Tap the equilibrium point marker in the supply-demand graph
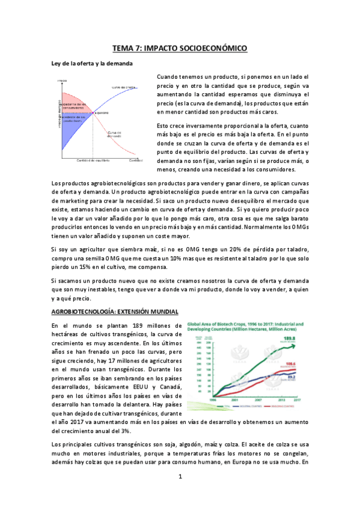pos(93,112)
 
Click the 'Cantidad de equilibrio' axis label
pos(92,161)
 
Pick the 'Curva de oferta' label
pos(124,87)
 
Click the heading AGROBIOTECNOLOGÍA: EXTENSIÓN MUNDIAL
pos(114,312)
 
